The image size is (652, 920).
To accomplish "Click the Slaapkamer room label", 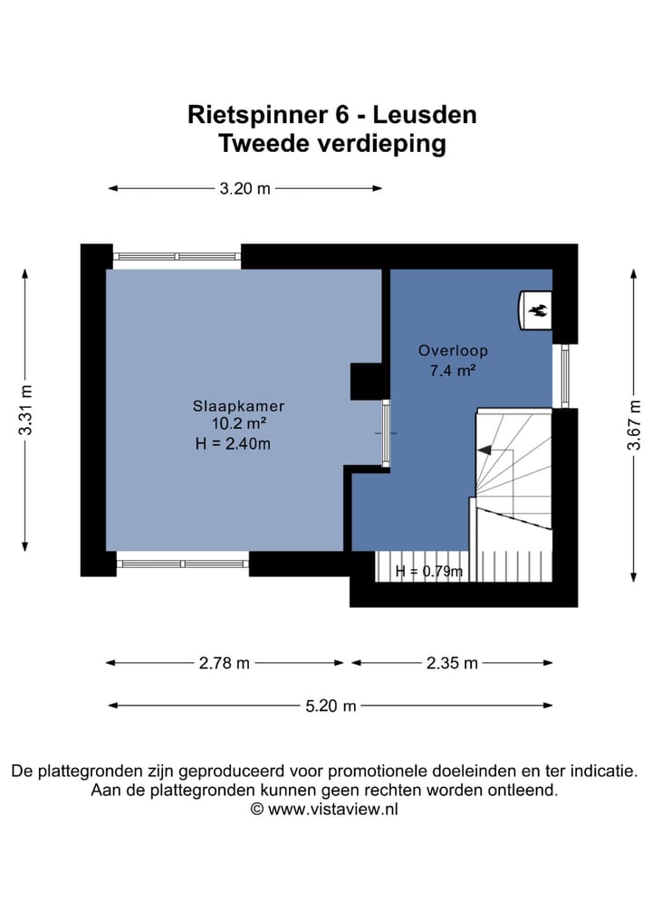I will point(232,406).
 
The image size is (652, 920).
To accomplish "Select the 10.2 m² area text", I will point(232,424).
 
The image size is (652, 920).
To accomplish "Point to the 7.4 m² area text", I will point(446,369).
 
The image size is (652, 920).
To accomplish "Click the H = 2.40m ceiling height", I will point(233,443).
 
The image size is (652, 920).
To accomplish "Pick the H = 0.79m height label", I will point(428,571).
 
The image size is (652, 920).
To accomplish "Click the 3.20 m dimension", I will point(244,189).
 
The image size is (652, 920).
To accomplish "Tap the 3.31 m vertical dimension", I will point(26,411).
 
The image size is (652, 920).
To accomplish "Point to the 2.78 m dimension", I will point(225,663).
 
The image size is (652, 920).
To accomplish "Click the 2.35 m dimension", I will point(452,663).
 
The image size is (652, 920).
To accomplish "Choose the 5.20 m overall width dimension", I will point(331,706).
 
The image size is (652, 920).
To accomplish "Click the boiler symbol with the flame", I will point(536,311).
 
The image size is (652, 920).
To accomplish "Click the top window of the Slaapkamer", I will point(177,257).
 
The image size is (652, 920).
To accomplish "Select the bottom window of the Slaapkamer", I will point(182,564).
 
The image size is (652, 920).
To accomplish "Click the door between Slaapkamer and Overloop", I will point(386,434).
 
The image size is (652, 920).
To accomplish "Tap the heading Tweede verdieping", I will point(331,143).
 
